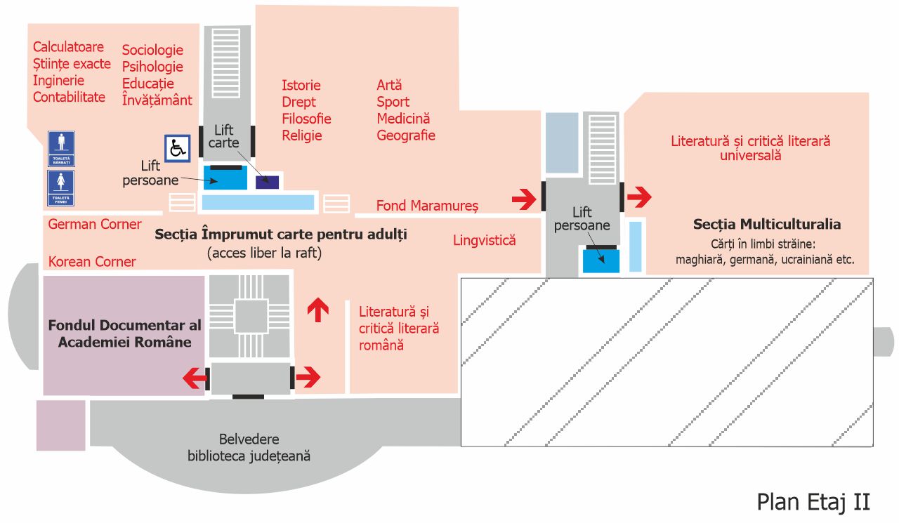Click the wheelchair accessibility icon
177,148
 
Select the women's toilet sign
61,188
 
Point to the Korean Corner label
92,262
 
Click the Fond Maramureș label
427,206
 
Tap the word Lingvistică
485,240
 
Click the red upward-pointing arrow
319,309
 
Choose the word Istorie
301,85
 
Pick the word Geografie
406,135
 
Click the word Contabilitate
69,97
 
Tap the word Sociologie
152,50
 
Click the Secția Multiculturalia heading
767,225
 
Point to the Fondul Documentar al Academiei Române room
124,334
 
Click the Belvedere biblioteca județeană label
249,447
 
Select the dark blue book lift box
267,182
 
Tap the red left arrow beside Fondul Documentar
195,378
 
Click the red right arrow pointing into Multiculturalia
639,198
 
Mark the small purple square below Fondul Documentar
60,425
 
